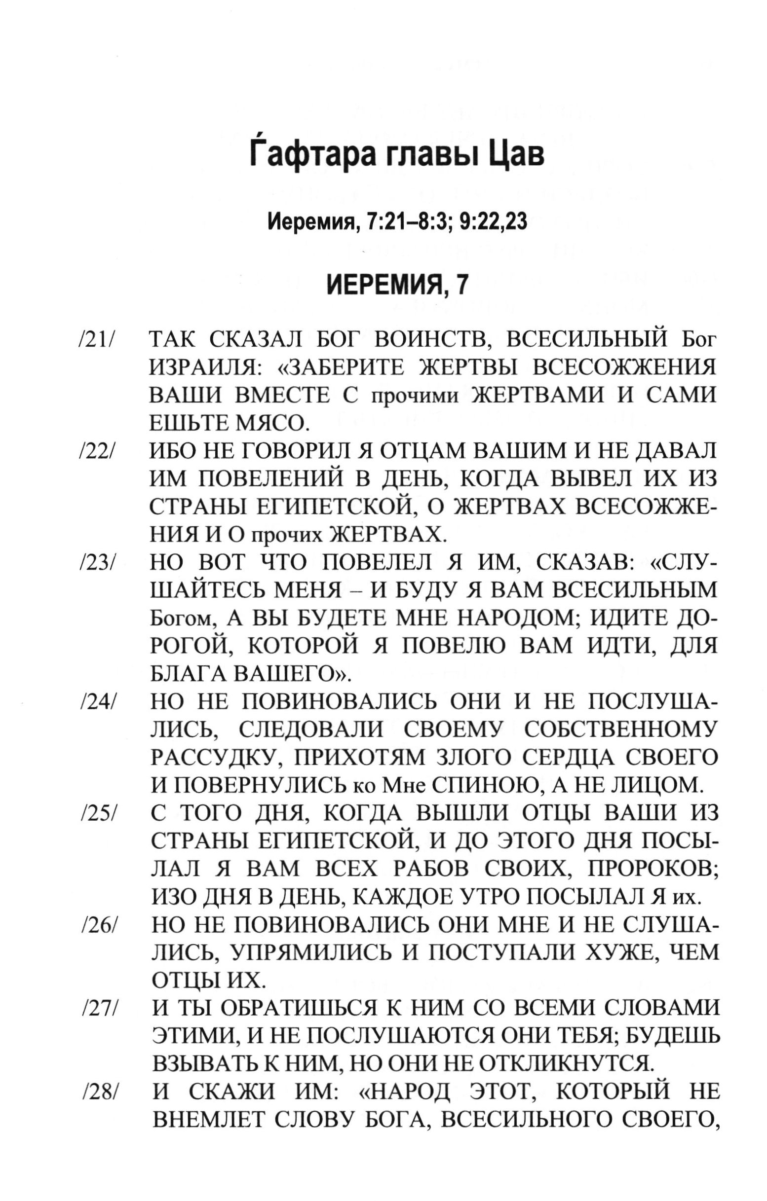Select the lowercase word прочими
[x=416, y=397]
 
